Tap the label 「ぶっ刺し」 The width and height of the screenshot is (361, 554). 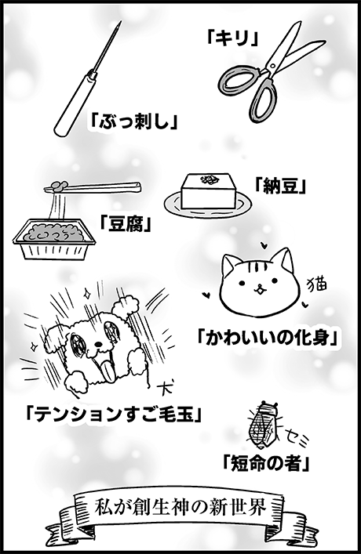click(133, 121)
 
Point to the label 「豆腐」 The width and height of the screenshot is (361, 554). click(126, 223)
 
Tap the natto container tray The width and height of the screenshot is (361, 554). click(54, 237)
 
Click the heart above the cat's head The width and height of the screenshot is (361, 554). click(263, 244)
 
